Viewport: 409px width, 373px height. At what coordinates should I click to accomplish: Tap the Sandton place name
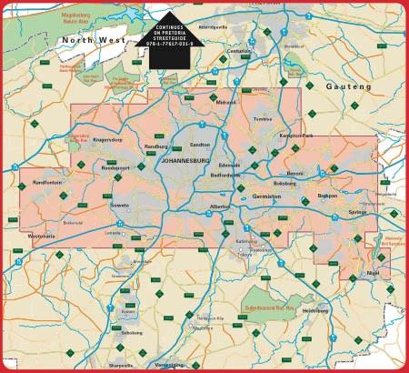click(x=200, y=145)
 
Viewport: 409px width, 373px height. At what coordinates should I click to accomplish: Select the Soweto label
click(x=120, y=206)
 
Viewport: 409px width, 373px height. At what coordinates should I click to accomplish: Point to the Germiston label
click(x=267, y=196)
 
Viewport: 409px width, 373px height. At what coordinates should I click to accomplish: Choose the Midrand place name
click(x=225, y=103)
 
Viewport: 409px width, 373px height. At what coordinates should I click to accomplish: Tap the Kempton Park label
click(x=321, y=136)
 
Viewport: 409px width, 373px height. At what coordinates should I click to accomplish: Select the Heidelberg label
click(x=315, y=310)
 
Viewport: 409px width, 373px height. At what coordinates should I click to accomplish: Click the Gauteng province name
click(x=349, y=86)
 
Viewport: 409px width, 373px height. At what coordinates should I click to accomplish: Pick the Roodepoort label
click(x=117, y=168)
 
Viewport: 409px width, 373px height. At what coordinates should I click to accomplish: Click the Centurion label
click(x=239, y=52)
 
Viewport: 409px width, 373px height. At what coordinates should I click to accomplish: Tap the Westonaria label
click(x=42, y=237)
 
